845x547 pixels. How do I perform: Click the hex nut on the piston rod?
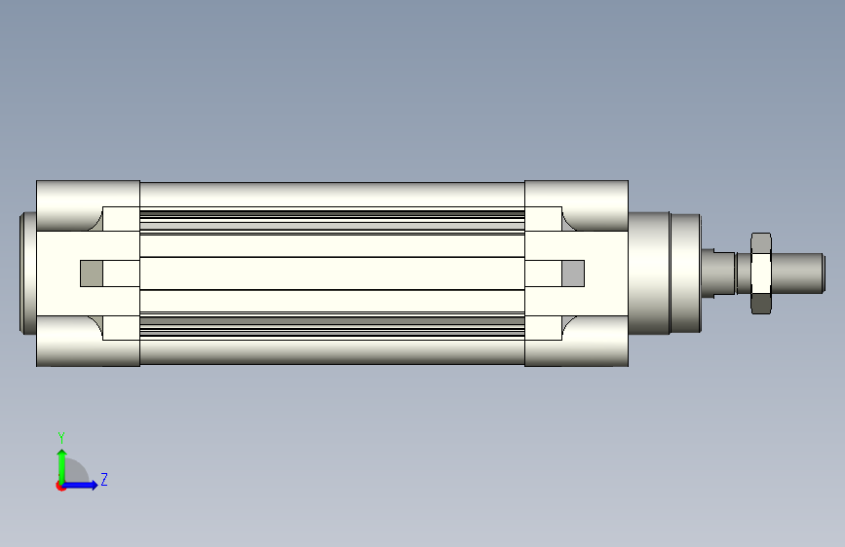(761, 273)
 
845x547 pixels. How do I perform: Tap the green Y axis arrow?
(62, 466)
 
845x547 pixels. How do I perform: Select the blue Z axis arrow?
(81, 485)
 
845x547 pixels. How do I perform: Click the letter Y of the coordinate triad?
(61, 437)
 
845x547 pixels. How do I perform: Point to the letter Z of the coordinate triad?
(104, 479)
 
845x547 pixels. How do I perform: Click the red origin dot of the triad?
(60, 486)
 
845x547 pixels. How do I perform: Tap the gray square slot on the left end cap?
(92, 273)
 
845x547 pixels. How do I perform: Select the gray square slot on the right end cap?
(573, 273)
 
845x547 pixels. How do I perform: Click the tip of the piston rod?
(824, 273)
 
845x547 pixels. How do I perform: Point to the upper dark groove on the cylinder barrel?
(332, 220)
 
